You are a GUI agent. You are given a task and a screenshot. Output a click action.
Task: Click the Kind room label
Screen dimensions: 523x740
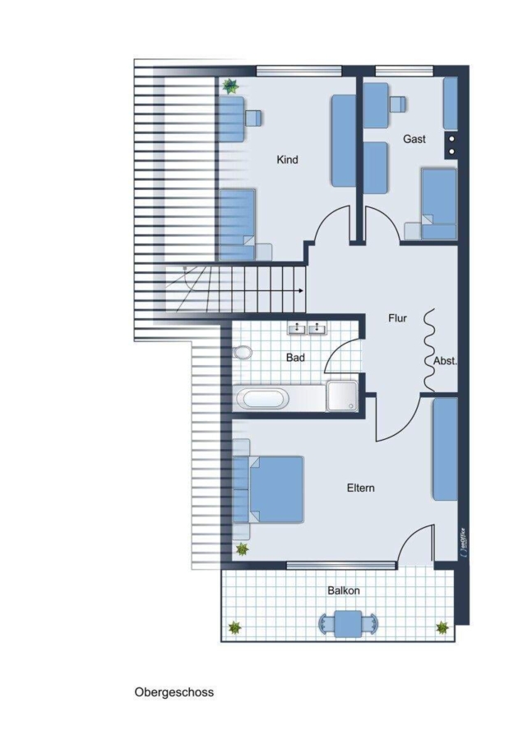click(x=287, y=160)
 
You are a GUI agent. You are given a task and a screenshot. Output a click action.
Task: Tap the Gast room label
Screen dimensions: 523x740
click(x=414, y=139)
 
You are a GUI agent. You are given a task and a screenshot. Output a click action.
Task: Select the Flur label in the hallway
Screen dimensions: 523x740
click(x=397, y=318)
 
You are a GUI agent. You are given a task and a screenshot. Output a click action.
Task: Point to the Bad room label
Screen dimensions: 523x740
click(x=295, y=358)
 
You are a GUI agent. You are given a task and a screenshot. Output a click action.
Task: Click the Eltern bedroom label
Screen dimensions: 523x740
click(x=361, y=488)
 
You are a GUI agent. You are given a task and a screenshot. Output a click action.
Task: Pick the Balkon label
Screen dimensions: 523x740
click(x=344, y=591)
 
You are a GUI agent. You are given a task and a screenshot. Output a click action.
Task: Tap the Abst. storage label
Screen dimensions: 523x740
click(x=445, y=362)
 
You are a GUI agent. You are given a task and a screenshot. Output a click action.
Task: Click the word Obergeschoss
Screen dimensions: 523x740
click(x=174, y=692)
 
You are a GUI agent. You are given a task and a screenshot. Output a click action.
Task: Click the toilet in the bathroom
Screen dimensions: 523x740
click(x=242, y=352)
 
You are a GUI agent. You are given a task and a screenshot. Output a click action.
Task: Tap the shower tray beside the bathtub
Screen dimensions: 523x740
click(x=342, y=396)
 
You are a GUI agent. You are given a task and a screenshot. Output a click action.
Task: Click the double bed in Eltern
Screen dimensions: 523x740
click(x=268, y=489)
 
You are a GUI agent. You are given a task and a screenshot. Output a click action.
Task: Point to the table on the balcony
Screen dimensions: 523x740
click(x=348, y=623)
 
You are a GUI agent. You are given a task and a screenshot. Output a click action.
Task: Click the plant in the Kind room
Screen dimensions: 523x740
click(x=230, y=86)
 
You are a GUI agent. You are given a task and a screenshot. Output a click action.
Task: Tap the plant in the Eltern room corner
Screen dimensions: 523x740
click(x=242, y=549)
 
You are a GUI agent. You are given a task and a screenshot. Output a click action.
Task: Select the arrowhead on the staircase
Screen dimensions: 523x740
click(x=301, y=291)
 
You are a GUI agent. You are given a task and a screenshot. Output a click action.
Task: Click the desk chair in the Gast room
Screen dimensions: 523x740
click(x=398, y=104)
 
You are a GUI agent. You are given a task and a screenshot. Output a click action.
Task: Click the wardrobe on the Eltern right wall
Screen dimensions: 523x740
click(x=445, y=449)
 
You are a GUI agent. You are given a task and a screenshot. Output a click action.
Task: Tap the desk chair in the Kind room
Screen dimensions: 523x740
click(x=254, y=118)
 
